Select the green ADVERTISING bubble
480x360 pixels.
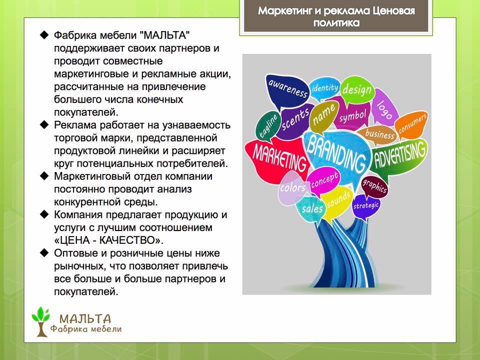coord(399,156)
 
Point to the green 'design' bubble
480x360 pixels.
coord(357,89)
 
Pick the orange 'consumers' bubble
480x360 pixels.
coord(411,124)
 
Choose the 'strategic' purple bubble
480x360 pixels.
coord(366,206)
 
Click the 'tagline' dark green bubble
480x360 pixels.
coord(267,126)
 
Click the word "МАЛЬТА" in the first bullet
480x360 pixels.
coord(164,35)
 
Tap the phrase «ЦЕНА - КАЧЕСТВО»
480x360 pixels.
coord(108,240)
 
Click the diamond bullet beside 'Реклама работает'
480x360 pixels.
coord(44,124)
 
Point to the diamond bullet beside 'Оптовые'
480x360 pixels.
coord(44,252)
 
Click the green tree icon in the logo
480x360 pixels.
coord(41,321)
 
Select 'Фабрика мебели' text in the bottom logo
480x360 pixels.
coord(86,329)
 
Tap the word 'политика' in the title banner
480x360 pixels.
coord(336,22)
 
